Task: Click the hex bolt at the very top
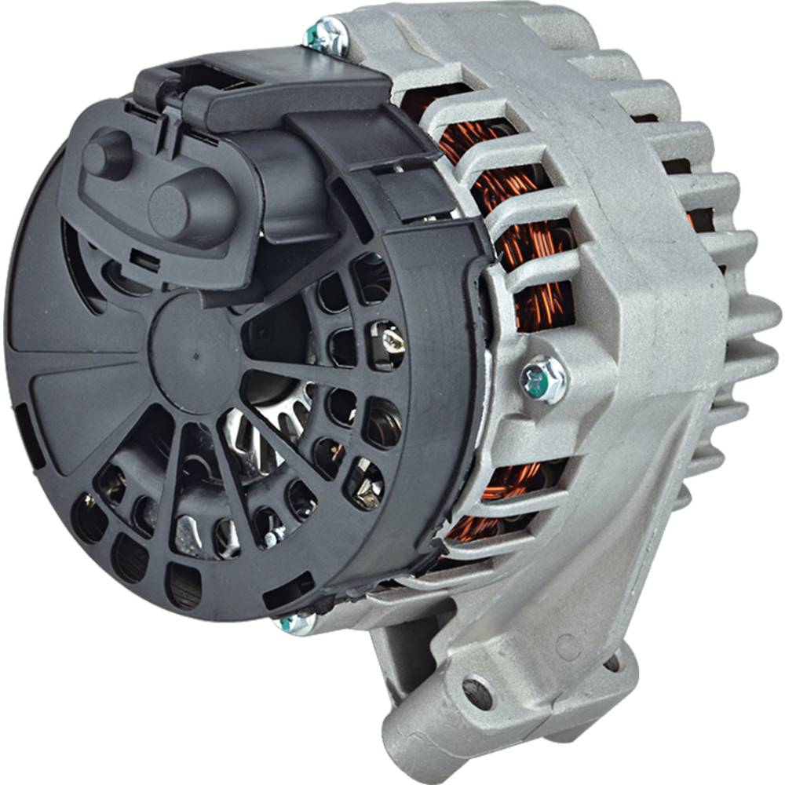point(325,34)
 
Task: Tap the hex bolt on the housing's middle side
point(544,379)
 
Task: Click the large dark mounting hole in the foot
point(476,692)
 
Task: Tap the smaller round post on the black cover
point(108,153)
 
